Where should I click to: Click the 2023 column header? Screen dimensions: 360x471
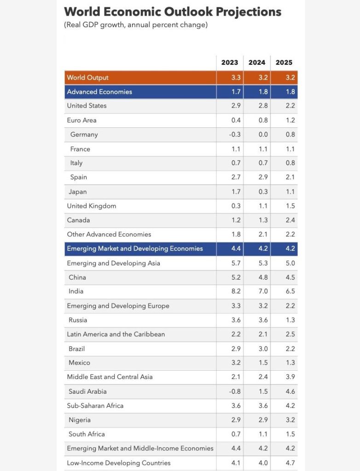(x=229, y=63)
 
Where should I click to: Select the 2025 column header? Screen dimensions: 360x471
(x=284, y=63)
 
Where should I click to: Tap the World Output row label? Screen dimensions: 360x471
(x=87, y=77)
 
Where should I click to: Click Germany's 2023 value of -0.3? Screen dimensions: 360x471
(x=235, y=134)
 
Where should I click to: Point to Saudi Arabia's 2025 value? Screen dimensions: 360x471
(x=290, y=391)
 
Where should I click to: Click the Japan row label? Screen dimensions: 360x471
(x=78, y=192)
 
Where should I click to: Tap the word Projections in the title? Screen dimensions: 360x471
(x=249, y=12)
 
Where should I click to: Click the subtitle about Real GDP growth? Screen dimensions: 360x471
(x=136, y=25)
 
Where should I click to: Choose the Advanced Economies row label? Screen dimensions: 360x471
(x=99, y=92)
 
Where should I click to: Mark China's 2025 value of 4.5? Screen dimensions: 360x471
(x=290, y=277)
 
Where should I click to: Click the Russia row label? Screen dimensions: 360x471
(x=78, y=320)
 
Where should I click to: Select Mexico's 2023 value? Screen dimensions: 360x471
(x=236, y=362)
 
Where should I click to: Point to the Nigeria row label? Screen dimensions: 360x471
(x=79, y=420)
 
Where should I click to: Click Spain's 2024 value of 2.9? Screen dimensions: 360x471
(x=263, y=177)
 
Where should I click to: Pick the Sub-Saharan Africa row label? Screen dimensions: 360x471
(x=95, y=406)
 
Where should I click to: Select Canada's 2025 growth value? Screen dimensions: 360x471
(x=290, y=220)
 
